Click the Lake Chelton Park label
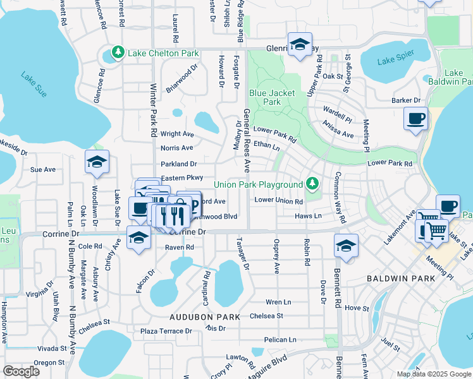click(163, 52)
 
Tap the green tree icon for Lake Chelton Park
click(117, 52)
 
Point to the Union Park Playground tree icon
click(311, 184)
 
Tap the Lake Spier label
click(394, 61)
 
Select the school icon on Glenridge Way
click(300, 45)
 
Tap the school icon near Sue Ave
click(97, 163)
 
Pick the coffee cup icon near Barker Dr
click(415, 119)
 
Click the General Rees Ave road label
click(247, 140)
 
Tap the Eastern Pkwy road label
click(181, 178)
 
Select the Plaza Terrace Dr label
click(166, 331)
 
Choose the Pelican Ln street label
click(281, 340)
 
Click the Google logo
click(21, 371)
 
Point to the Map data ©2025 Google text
click(433, 374)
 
